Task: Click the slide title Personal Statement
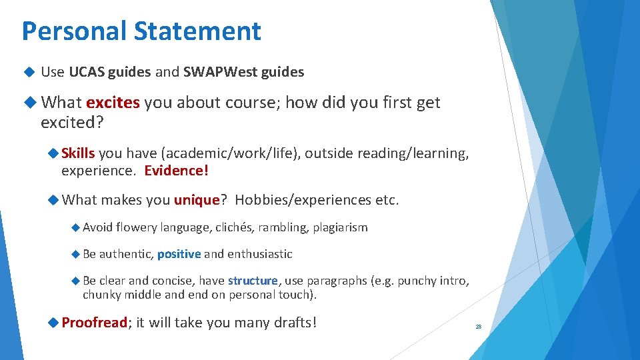[x=141, y=31]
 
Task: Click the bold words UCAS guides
[x=110, y=72]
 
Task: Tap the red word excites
[x=113, y=103]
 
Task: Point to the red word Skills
[x=78, y=153]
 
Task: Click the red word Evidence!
[x=176, y=171]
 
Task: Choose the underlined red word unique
[x=197, y=200]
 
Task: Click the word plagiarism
[x=339, y=227]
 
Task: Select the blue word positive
[x=179, y=254]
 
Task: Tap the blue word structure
[x=253, y=281]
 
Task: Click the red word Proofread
[x=94, y=323]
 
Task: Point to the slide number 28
[x=478, y=327]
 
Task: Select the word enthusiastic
[x=260, y=254]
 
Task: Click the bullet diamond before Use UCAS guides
[x=27, y=72]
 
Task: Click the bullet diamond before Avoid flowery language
[x=75, y=227]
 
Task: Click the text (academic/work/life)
[x=245, y=153]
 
